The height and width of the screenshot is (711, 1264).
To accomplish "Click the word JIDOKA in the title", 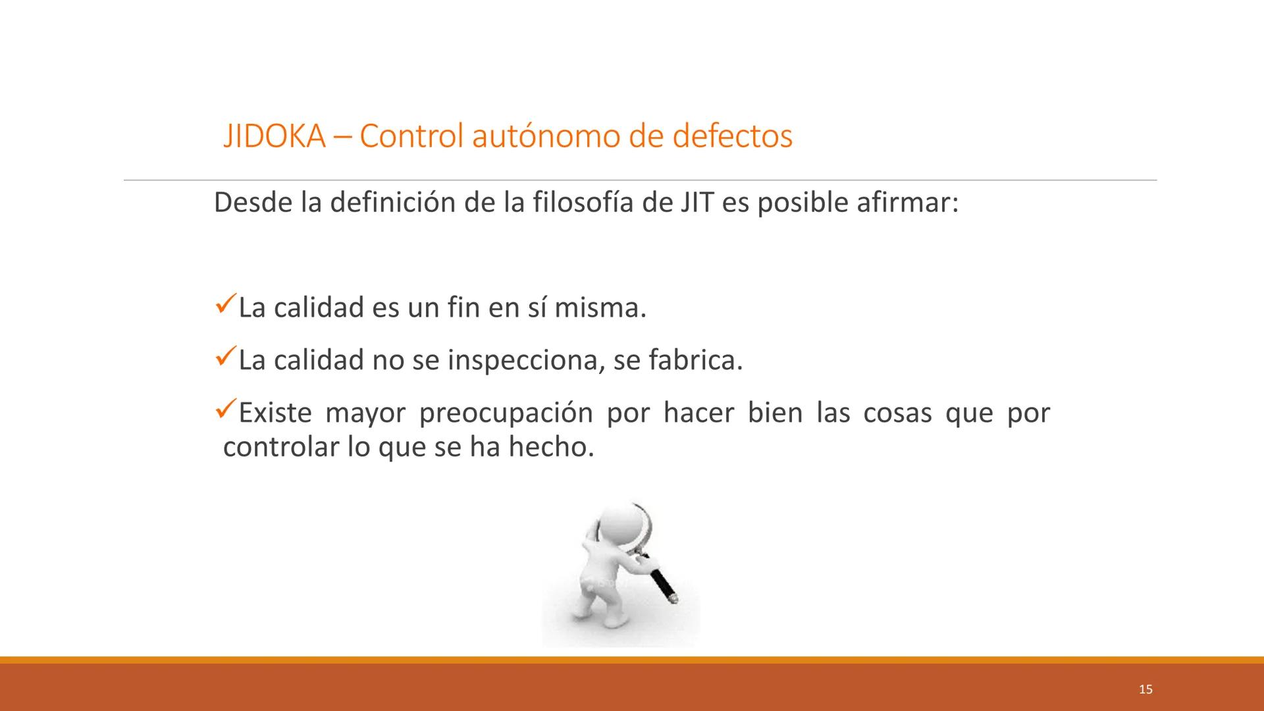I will point(274,136).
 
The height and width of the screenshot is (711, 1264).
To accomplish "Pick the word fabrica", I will point(695,361).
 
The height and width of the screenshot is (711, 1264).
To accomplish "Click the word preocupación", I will point(506,413).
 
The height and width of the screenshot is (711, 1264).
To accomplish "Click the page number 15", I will point(1145,689).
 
